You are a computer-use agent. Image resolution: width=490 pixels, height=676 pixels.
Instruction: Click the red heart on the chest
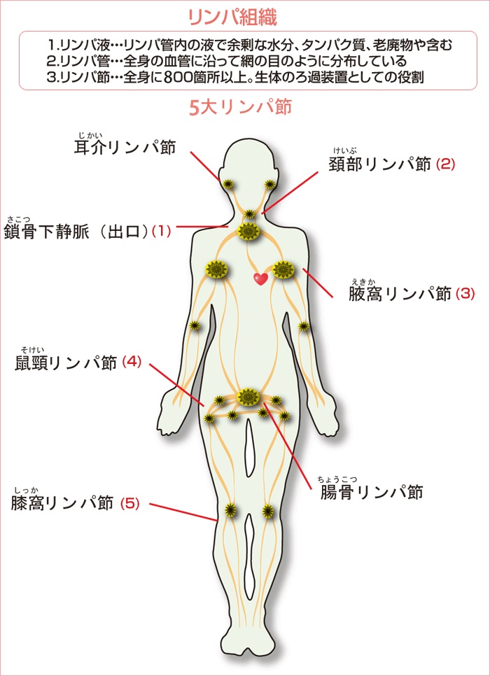point(260,279)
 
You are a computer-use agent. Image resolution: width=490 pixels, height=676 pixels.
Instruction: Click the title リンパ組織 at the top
point(233,17)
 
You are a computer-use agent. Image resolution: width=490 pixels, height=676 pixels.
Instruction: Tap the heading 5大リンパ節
point(240,107)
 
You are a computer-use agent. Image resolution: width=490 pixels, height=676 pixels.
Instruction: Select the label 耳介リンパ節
point(125,148)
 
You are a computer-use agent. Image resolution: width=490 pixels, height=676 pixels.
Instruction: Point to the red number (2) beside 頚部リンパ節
point(446,164)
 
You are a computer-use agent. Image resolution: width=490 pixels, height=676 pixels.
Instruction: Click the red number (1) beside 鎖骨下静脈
point(161,232)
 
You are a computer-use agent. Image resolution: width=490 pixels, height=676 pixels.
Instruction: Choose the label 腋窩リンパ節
point(400,294)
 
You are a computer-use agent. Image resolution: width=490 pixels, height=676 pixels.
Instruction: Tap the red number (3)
point(465,294)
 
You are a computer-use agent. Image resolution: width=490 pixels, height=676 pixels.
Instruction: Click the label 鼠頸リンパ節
point(66,363)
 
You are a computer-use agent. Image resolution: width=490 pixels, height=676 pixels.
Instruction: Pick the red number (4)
point(132,361)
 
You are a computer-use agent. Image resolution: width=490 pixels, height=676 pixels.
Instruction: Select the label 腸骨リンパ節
point(372,492)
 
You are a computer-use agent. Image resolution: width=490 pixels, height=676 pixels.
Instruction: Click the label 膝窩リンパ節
point(62,503)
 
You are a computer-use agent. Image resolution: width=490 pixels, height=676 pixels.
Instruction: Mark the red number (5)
point(129,503)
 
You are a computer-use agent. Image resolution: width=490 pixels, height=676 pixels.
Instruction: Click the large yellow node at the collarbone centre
point(248,232)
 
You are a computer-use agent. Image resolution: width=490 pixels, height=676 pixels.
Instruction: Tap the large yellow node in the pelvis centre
point(247,397)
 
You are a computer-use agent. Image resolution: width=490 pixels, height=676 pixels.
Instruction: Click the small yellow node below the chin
point(249,214)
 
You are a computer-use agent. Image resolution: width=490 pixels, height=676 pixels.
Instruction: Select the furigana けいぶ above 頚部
point(343,150)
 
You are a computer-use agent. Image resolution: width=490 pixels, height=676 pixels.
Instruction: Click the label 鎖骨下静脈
point(47,232)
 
